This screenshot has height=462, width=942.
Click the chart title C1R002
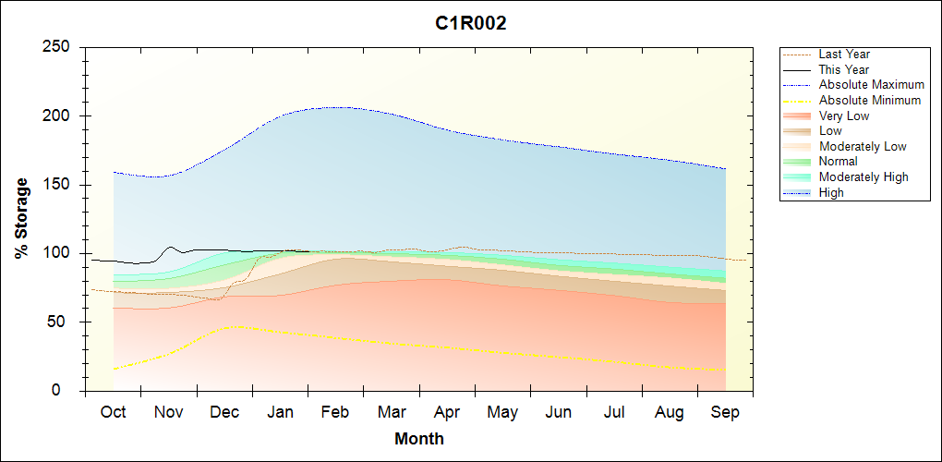pyautogui.click(x=471, y=24)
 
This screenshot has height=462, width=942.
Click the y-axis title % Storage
pyautogui.click(x=22, y=218)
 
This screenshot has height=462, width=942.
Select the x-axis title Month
pyautogui.click(x=419, y=439)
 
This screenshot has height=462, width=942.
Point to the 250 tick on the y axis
pyautogui.click(x=61, y=47)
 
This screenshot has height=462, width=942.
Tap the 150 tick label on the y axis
pyautogui.click(x=61, y=185)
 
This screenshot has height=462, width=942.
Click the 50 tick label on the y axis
pyautogui.click(x=66, y=322)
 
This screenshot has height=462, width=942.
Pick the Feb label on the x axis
pyautogui.click(x=335, y=412)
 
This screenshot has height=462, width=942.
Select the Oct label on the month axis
pyautogui.click(x=113, y=412)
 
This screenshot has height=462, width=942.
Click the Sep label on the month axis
pyautogui.click(x=725, y=412)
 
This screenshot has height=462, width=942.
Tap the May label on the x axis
pyautogui.click(x=502, y=412)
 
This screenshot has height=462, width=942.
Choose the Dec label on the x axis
pyautogui.click(x=224, y=412)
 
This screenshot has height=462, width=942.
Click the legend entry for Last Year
pyautogui.click(x=844, y=55)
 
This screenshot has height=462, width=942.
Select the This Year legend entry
pyautogui.click(x=844, y=69)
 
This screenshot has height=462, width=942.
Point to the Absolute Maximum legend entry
pyautogui.click(x=871, y=85)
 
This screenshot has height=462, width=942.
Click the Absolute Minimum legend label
pyautogui.click(x=870, y=100)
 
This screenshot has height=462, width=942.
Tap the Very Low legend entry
pyautogui.click(x=844, y=115)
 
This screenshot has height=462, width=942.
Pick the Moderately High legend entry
pyautogui.click(x=863, y=176)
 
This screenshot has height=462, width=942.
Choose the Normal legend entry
pyautogui.click(x=839, y=162)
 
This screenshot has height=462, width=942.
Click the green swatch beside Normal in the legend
pyautogui.click(x=797, y=162)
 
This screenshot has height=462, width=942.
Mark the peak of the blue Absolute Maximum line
pyautogui.click(x=338, y=107)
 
